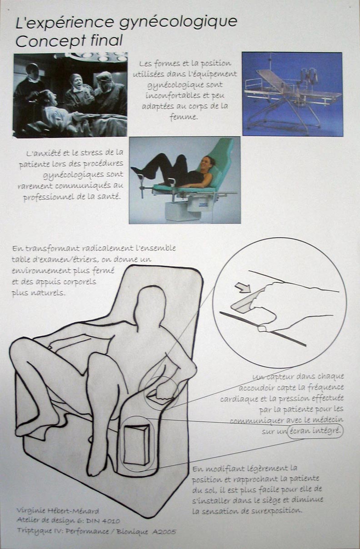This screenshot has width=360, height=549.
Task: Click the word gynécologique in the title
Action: click(178, 23)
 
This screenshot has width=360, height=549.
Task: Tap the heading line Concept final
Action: click(69, 41)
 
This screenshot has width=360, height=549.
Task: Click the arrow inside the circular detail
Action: click(243, 288)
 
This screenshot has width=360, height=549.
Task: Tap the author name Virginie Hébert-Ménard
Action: click(58, 510)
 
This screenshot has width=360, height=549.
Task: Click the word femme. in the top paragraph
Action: click(184, 117)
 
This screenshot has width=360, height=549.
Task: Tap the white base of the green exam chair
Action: click(177, 211)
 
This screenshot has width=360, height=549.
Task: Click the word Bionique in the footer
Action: click(133, 532)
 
